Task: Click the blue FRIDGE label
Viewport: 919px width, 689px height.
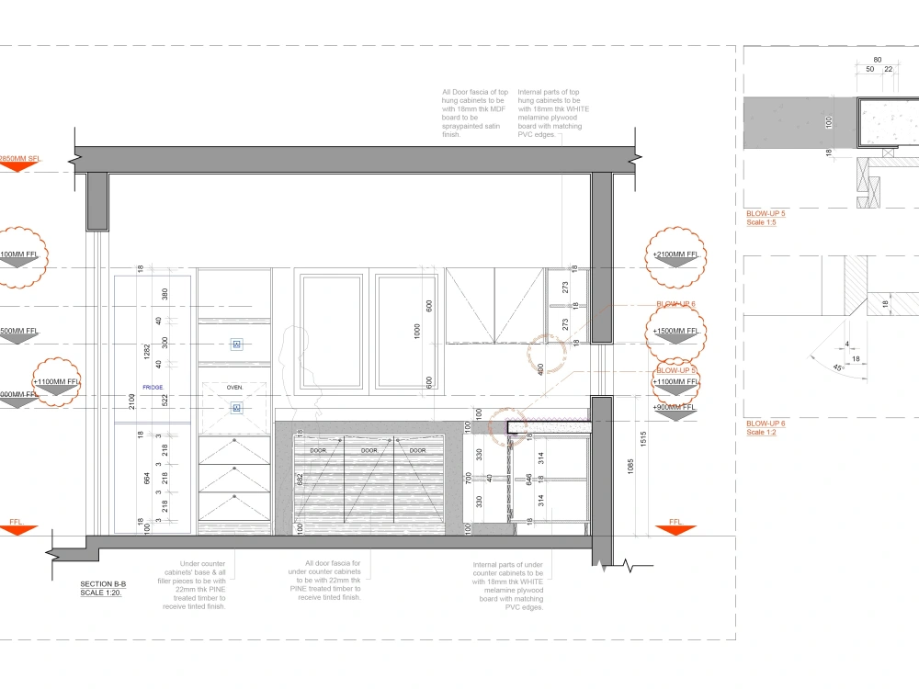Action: point(152,388)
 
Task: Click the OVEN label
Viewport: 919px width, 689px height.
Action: point(235,388)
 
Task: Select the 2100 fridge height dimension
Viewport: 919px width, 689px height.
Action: point(131,401)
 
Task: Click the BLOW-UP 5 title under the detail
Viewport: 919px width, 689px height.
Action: point(766,215)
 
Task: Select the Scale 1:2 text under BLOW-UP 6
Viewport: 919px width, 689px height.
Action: point(763,432)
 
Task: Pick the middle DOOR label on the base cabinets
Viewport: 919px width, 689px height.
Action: point(369,450)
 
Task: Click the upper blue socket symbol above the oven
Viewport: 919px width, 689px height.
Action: point(236,344)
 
